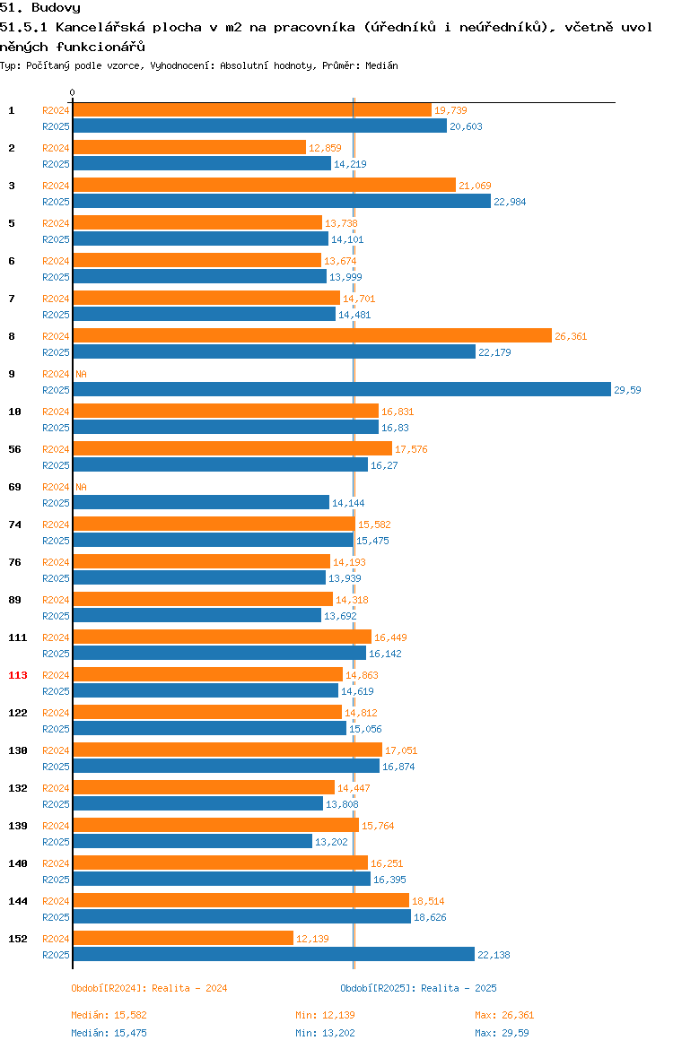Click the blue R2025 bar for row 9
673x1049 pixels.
tap(342, 389)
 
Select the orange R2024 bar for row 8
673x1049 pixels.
tap(313, 336)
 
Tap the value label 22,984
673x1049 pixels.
tap(510, 202)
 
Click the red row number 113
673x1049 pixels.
tap(18, 675)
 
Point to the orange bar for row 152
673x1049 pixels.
tap(183, 939)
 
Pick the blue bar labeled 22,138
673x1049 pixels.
tap(274, 955)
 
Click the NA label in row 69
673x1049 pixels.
tap(81, 487)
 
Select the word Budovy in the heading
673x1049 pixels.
tap(57, 8)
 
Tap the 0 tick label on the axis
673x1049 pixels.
tap(73, 93)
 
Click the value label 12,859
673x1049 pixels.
tap(325, 148)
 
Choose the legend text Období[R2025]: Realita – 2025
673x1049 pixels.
tap(418, 988)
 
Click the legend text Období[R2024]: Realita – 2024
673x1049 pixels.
tap(149, 988)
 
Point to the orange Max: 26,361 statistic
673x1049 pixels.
tap(504, 1015)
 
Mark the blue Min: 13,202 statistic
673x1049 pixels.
tap(326, 1033)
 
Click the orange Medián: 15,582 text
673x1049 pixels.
tap(109, 1015)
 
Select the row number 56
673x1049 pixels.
tap(14, 449)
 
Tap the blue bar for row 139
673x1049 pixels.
tap(193, 842)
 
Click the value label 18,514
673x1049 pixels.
tap(428, 901)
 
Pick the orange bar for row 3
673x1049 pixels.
tap(265, 186)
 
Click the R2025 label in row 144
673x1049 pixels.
tap(56, 917)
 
